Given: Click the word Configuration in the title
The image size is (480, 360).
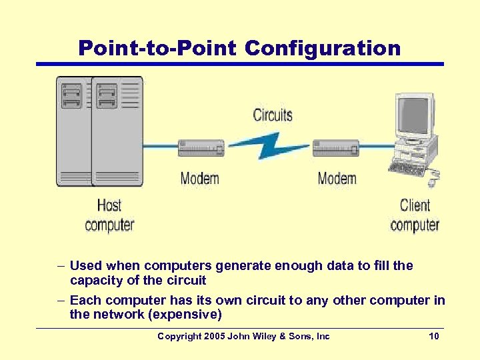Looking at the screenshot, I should coord(323,48).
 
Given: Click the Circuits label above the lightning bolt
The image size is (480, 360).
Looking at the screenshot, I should coord(273,115).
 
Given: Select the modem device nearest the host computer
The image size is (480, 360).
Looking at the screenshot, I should coord(201,148).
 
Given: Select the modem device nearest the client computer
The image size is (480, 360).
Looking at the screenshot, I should coord(336,148).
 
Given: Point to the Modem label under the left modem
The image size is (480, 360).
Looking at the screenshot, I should coord(200,179).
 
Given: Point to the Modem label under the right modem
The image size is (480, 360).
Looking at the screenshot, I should coord(337,179).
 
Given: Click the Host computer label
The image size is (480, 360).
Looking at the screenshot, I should coord(109,215).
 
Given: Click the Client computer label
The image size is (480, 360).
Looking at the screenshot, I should coord(415,215).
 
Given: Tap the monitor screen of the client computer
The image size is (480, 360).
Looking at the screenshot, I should coord(413,117).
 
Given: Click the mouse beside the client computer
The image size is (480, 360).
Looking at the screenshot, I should coord(433,181).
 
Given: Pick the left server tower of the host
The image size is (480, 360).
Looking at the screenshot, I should coord(73,131).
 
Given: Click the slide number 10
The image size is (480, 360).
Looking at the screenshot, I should coord(434,337).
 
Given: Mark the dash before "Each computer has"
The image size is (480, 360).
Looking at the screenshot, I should coord(59,301).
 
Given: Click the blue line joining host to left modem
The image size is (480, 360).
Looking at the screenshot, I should coord(161,147).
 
